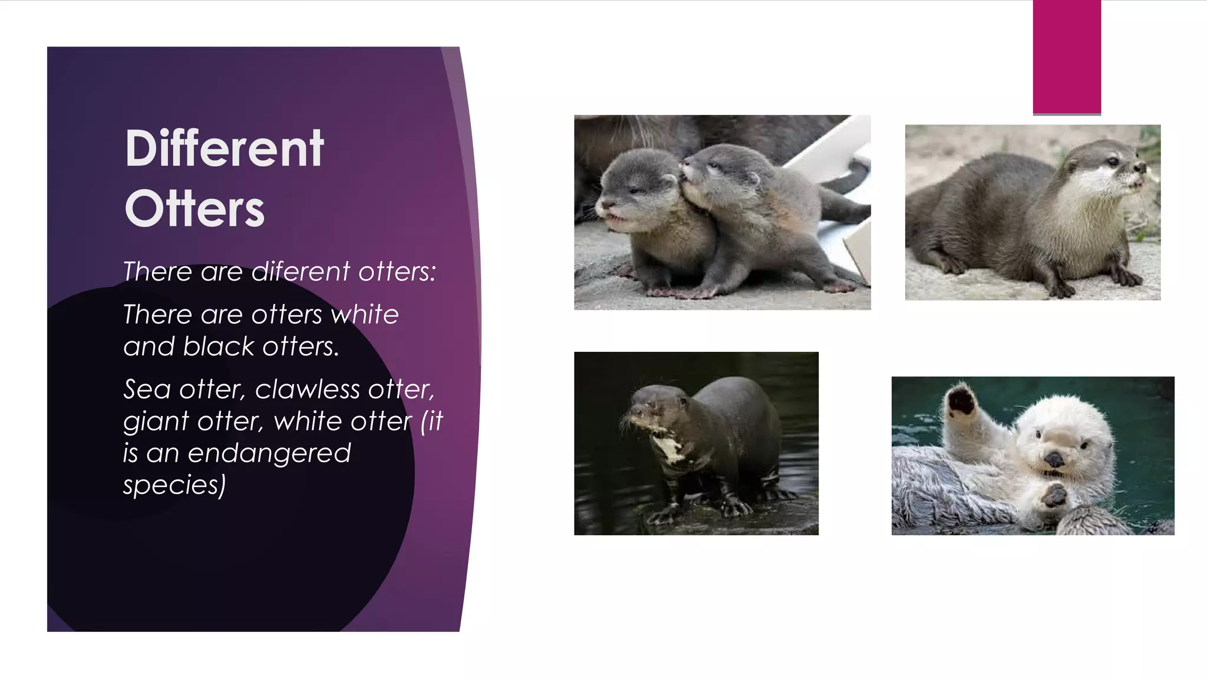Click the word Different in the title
coord(225,149)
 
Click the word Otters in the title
coord(194,209)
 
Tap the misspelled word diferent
coord(301,272)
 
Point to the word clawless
coord(307,390)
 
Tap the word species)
coord(174,485)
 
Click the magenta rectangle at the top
coord(1067,57)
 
